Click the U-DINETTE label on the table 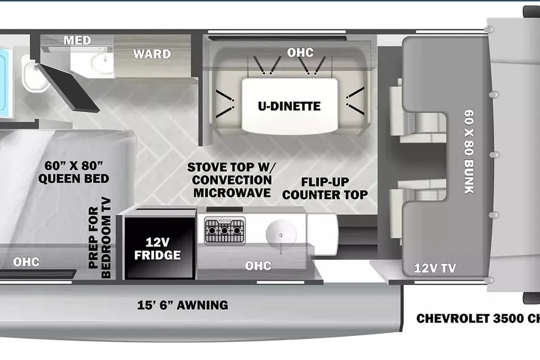[x=289, y=106]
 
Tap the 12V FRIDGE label [x=157, y=249]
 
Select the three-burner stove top [x=225, y=231]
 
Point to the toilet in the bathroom [x=33, y=74]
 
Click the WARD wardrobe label [x=152, y=54]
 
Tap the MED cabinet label [x=78, y=40]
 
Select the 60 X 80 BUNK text [x=469, y=151]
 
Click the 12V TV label [x=435, y=268]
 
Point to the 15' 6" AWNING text [x=182, y=305]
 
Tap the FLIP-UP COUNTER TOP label [x=325, y=188]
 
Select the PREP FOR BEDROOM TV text [x=100, y=238]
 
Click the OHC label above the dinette [x=300, y=52]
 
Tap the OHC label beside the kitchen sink [x=258, y=265]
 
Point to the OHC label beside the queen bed [x=26, y=262]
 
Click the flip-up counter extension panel [x=322, y=234]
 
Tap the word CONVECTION [x=232, y=180]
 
